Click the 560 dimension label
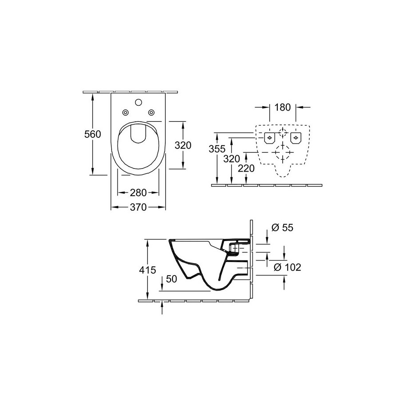(93, 134)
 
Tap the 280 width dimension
(138, 192)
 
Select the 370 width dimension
(138, 207)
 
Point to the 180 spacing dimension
(283, 108)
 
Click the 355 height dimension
(217, 149)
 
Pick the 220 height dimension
(246, 168)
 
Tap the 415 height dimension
(148, 270)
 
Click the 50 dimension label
(172, 279)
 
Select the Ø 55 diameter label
(283, 227)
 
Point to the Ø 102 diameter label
(288, 267)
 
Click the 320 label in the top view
(183, 145)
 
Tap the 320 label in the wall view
(232, 159)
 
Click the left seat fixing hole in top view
(125, 112)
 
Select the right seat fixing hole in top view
(152, 112)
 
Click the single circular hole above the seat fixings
(139, 102)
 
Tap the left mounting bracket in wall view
(269, 138)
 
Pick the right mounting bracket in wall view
(296, 138)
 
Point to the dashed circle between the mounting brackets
(283, 132)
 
